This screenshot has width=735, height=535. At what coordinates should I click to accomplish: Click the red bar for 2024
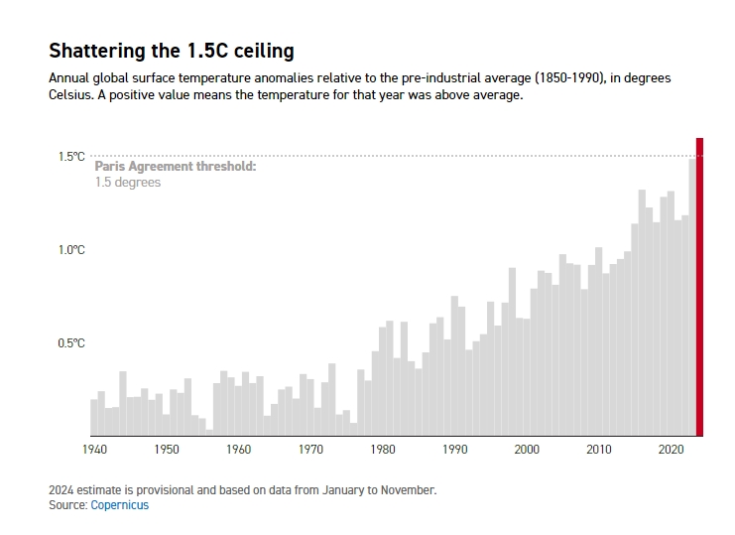point(699,288)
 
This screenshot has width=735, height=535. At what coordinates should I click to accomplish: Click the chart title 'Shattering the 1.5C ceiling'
point(172,51)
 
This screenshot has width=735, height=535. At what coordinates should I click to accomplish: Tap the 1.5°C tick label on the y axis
point(71,157)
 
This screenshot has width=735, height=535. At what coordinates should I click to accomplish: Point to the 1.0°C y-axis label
point(71,250)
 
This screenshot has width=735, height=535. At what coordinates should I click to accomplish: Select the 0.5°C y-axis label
point(71,343)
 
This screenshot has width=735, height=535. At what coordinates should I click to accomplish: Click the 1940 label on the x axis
point(94,450)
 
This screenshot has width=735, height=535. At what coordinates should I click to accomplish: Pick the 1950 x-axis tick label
point(167,450)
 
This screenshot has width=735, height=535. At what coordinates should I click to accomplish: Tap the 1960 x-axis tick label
point(238,450)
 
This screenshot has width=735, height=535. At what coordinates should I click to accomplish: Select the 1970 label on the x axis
point(310,450)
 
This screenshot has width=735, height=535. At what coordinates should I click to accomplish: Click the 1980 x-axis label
point(383,450)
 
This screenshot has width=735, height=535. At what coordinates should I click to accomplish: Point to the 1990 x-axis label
point(454,450)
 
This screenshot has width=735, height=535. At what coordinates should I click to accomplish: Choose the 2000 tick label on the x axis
point(527,450)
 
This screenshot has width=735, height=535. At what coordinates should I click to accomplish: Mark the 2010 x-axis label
point(599,450)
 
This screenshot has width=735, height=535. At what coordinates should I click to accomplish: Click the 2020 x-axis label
point(671,450)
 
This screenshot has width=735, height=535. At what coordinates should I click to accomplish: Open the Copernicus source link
point(120,505)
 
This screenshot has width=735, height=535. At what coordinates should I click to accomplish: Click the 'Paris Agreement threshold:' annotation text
point(176,167)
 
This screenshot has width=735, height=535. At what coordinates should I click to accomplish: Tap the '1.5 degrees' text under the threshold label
point(128,183)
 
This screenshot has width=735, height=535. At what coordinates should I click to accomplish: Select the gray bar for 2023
point(692,298)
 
